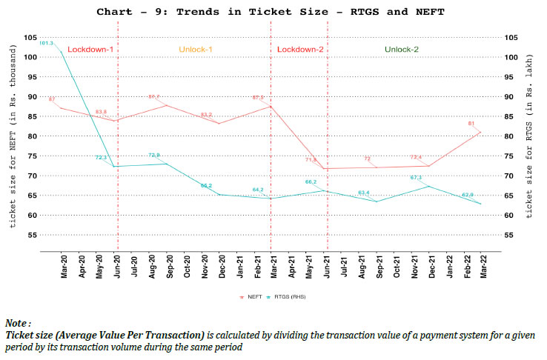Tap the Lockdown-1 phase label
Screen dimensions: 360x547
point(90,50)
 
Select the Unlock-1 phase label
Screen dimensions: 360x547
point(196,50)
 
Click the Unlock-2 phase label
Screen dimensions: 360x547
point(402,50)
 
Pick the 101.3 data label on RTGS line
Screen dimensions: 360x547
point(46,43)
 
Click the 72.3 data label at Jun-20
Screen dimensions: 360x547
point(102,158)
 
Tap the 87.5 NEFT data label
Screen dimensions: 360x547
point(258,98)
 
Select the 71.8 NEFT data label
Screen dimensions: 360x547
point(311,160)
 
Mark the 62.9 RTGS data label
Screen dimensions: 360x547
point(468,195)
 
